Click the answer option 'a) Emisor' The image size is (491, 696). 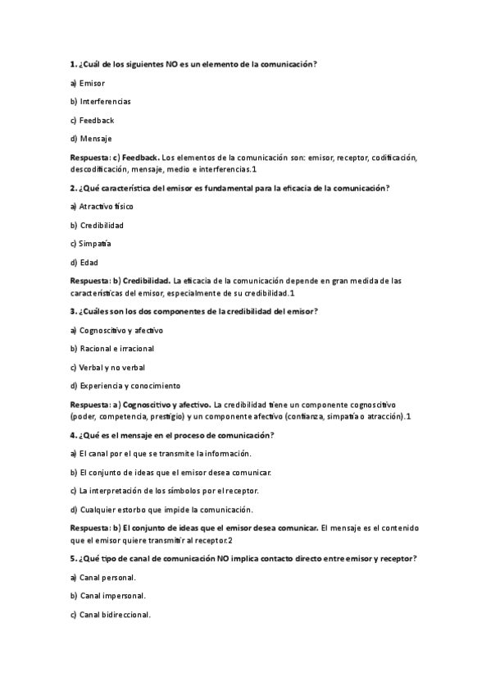tap(88, 83)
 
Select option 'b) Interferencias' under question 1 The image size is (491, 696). tap(101, 101)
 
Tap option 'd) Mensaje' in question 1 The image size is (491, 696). tap(91, 138)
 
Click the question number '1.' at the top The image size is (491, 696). tap(73, 64)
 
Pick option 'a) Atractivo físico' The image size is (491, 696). tap(102, 207)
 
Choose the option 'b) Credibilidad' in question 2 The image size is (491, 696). tap(98, 225)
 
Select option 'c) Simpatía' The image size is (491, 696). tap(91, 244)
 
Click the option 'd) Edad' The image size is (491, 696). tap(84, 263)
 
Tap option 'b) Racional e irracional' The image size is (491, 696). tap(112, 349)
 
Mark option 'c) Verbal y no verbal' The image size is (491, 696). tap(107, 367)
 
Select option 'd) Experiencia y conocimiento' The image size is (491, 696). tap(125, 386)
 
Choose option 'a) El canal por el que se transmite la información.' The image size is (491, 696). tap(161, 453)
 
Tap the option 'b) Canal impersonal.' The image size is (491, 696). tap(108, 596)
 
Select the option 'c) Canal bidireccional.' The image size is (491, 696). tap(111, 615)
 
